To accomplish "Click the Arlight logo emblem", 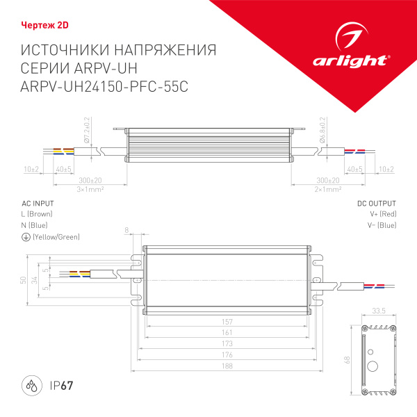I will click(x=349, y=35).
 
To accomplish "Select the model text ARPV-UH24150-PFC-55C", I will click(x=105, y=86).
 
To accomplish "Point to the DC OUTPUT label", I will click(x=377, y=203).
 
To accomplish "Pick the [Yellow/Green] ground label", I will click(x=56, y=238).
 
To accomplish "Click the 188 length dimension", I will click(x=228, y=366).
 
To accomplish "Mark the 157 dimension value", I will click(x=228, y=322).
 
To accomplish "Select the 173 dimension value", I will click(x=228, y=344).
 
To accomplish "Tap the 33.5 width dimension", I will click(x=379, y=311).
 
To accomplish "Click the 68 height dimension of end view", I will click(x=348, y=360).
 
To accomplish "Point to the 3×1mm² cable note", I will click(x=90, y=189).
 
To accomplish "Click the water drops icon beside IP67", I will click(x=31, y=386).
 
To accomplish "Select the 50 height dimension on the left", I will click(x=23, y=280).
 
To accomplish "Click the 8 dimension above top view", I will click(x=127, y=229).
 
